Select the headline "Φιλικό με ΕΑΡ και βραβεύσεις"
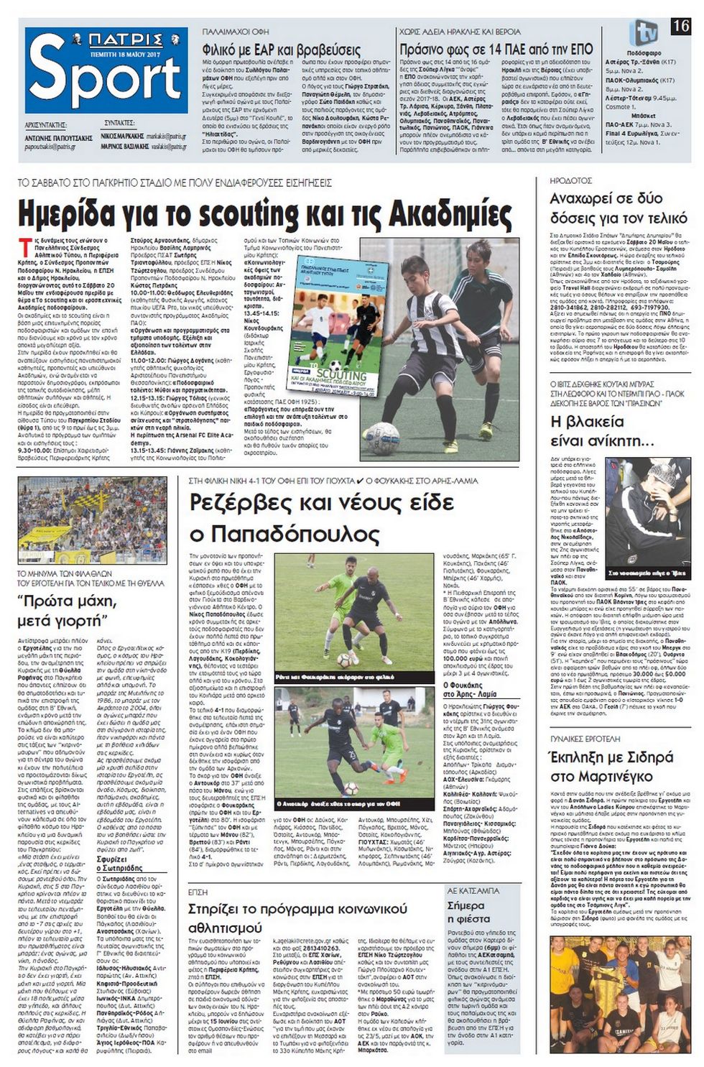pos(281,50)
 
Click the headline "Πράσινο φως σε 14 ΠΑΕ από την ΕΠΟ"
pos(496,50)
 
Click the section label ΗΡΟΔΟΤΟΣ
pos(571,181)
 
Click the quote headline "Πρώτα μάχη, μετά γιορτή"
pos(68,610)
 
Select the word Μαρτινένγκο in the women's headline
pos(591,777)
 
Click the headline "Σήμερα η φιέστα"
pos(468,912)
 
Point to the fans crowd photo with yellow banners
pos(93,520)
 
